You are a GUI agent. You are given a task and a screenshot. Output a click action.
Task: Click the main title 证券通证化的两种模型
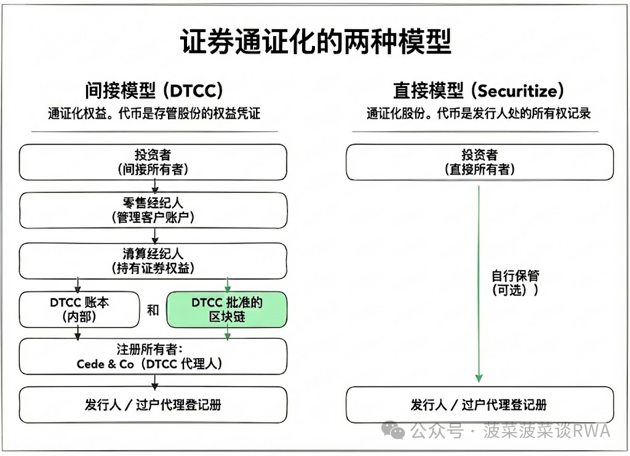315,42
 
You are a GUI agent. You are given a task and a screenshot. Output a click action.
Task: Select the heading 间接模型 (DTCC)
154,91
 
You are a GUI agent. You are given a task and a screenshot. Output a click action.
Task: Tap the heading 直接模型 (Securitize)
479,91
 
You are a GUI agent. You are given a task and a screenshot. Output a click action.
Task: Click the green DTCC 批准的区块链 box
227,310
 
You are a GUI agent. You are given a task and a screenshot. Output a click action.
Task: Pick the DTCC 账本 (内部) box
80,310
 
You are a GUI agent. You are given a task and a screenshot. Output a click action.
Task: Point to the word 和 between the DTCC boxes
153,310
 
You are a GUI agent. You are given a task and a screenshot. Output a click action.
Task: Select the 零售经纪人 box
153,210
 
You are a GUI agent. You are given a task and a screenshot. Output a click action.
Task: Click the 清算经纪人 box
153,260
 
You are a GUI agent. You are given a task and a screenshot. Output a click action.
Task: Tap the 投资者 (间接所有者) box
153,162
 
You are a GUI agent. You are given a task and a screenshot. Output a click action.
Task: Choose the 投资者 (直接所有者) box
479,162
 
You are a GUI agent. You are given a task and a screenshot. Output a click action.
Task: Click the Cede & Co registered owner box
153,356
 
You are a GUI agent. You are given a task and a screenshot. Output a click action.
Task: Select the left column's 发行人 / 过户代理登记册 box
153,404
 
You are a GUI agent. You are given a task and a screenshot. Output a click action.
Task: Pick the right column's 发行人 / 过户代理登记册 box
479,404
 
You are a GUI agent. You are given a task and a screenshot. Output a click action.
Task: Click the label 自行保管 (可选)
515,282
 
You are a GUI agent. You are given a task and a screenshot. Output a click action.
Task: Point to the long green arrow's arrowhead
479,377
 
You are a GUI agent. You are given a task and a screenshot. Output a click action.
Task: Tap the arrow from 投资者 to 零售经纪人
155,186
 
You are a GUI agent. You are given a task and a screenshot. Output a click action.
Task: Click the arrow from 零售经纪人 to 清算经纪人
155,236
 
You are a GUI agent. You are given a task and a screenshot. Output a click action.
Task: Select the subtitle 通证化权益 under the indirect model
154,114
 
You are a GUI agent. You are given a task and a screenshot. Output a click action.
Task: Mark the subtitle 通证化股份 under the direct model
479,114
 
